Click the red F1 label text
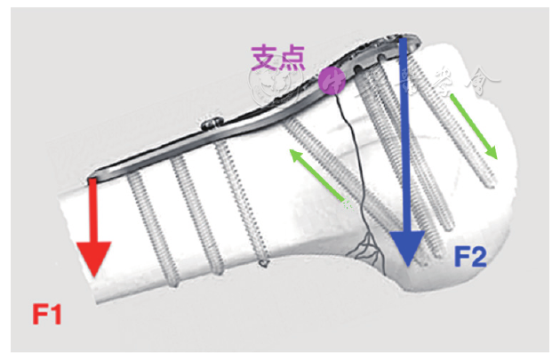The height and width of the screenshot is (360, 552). click(48, 314)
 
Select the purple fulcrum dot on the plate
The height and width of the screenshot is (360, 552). click(332, 82)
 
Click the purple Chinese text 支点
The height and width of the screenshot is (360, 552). click(278, 58)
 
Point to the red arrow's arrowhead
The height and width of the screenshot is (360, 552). click(92, 263)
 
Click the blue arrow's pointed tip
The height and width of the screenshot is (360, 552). click(406, 262)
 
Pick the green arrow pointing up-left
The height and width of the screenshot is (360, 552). click(316, 173)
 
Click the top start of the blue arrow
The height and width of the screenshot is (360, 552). click(404, 43)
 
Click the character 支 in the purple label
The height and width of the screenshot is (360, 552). click(265, 58)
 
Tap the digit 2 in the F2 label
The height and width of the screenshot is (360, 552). click(480, 258)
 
